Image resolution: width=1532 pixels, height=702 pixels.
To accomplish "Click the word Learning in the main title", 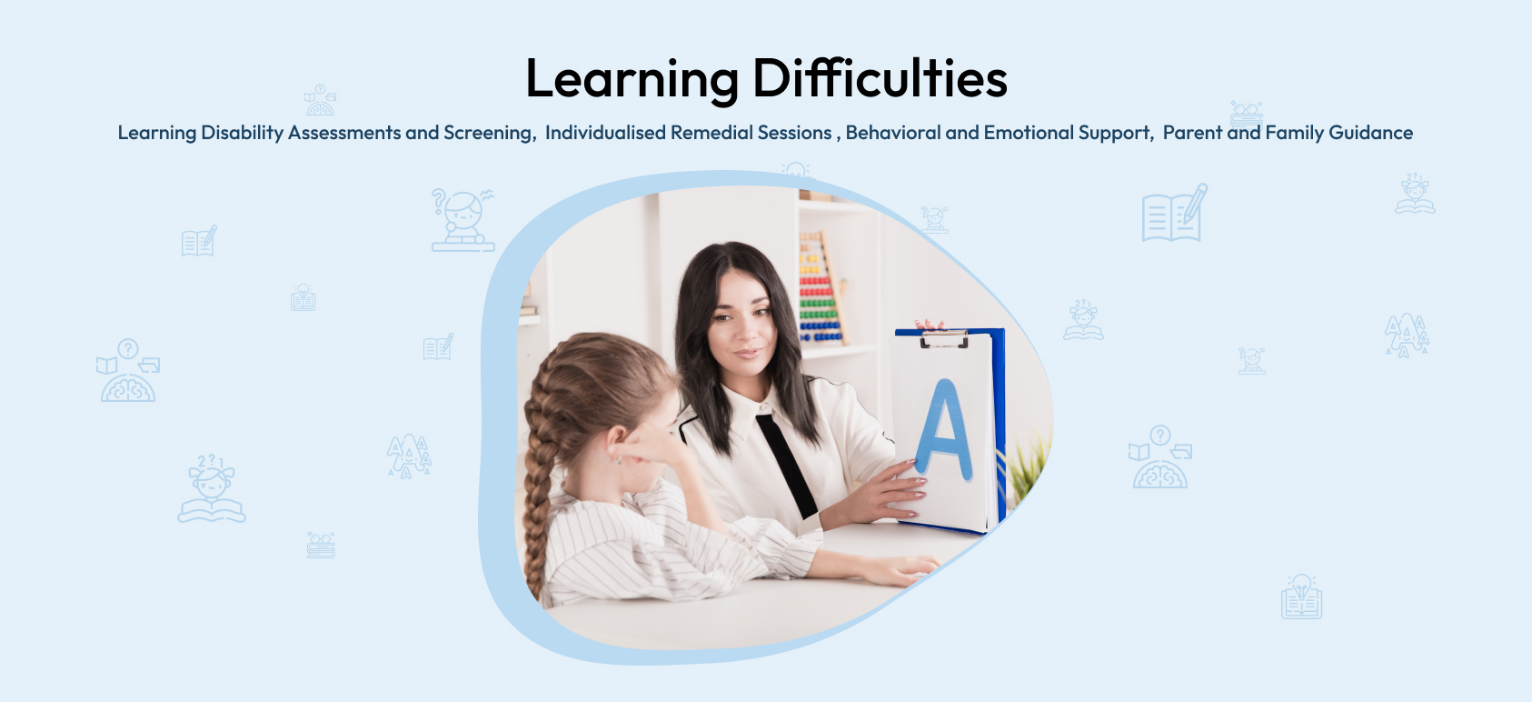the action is coord(632,80).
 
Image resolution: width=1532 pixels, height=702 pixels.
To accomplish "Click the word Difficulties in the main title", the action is coord(880,77).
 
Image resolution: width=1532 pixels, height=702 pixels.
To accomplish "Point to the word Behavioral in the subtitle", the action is coord(893,132).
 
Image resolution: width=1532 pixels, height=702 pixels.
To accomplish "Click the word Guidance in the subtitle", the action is coord(1370,132).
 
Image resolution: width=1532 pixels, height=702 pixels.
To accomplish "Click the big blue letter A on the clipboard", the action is coord(944,430).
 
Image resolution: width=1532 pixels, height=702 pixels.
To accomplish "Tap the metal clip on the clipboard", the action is coord(944,338).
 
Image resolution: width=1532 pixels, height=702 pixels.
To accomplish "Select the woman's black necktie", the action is coord(787,466).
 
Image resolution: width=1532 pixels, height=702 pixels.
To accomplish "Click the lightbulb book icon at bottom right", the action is coord(1301,597).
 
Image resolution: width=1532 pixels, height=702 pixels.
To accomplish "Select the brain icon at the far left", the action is coord(128,370).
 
